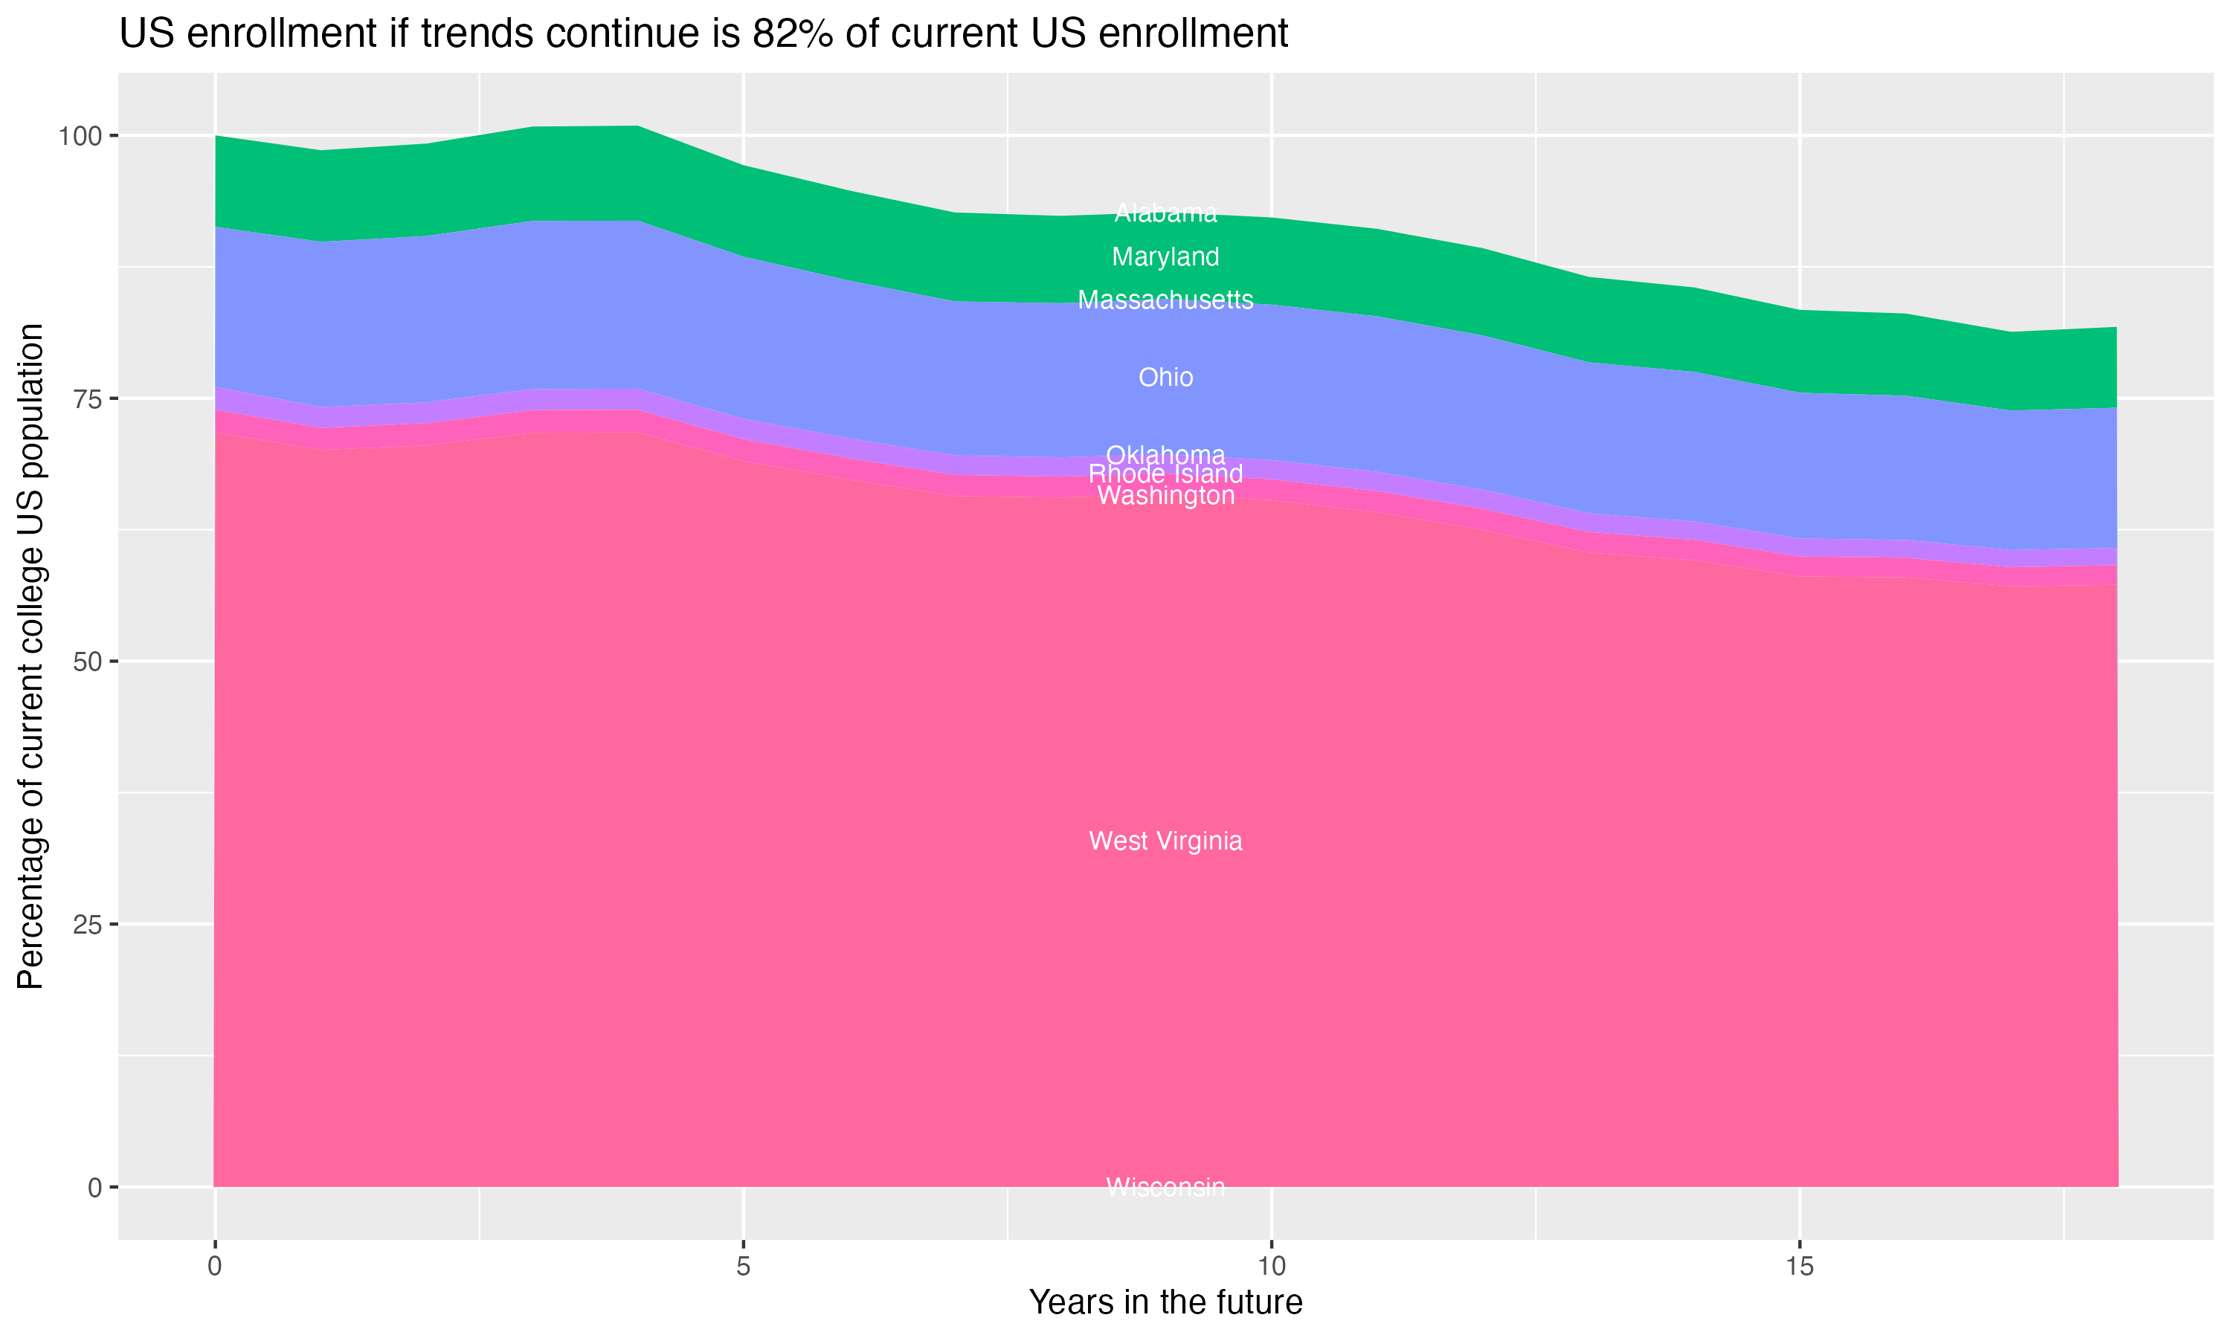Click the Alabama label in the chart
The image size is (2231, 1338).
coord(1165,213)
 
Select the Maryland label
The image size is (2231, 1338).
coord(1165,257)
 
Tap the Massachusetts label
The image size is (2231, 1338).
coord(1165,300)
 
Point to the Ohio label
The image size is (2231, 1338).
coord(1165,377)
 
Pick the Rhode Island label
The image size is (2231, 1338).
coord(1165,474)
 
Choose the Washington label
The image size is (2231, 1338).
coord(1165,496)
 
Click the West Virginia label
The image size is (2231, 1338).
coord(1165,841)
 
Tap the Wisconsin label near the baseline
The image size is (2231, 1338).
coord(1165,1187)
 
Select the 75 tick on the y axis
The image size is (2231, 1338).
coord(88,398)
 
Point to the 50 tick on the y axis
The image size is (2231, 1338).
coord(88,662)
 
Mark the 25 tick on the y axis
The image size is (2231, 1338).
coord(88,924)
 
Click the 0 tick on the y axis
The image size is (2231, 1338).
coord(94,1187)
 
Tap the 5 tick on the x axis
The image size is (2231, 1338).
coord(743,1267)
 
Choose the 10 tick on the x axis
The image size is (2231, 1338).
coord(1271,1267)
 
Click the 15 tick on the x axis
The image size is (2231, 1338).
coord(1799,1267)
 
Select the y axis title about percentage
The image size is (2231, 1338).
coord(30,656)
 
